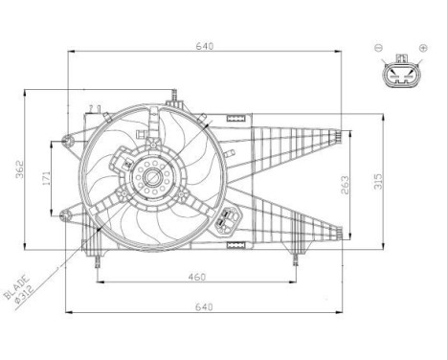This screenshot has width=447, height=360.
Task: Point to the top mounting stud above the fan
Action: point(172,97)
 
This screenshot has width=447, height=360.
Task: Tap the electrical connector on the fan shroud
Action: point(227,220)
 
